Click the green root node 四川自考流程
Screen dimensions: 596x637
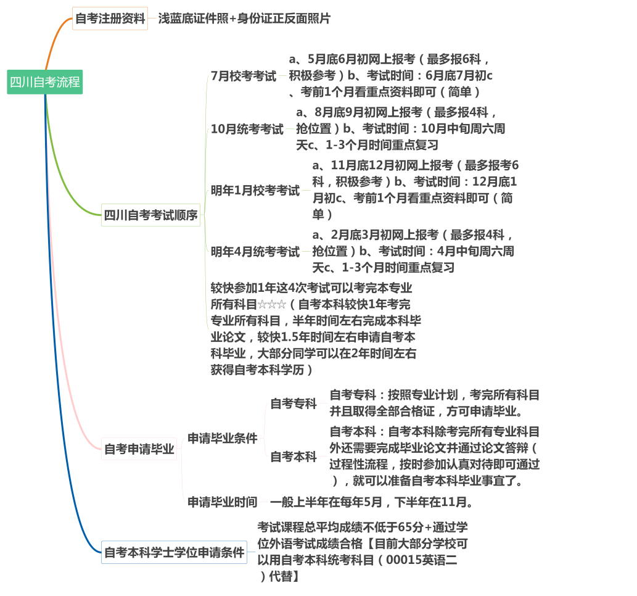[x=45, y=82]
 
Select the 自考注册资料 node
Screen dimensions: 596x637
[x=110, y=19]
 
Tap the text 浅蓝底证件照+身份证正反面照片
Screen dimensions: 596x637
[x=244, y=19]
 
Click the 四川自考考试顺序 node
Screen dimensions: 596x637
[x=150, y=215]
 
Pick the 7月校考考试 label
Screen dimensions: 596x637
[x=244, y=77]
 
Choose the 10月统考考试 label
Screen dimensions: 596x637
[x=247, y=129]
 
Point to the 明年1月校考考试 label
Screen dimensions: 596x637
[x=255, y=191]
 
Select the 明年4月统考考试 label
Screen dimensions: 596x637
[x=255, y=252]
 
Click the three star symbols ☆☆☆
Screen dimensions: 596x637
[x=272, y=304]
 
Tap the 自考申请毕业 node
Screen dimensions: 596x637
[x=139, y=449]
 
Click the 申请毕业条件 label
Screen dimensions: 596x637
[x=223, y=439]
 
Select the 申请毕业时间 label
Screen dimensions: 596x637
[x=223, y=502]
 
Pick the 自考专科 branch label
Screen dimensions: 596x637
[x=294, y=404]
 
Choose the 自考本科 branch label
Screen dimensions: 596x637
[x=294, y=457]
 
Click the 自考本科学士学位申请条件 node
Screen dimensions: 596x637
[x=174, y=552]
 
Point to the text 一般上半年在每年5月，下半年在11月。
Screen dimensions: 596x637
[x=372, y=502]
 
